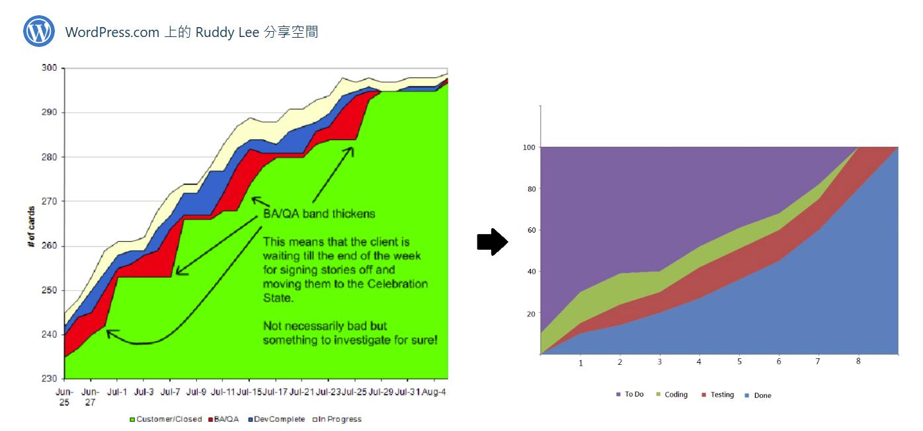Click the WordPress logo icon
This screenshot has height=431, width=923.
tap(39, 31)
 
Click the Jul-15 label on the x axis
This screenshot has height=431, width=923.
tap(249, 392)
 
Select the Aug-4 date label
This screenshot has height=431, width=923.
tap(434, 392)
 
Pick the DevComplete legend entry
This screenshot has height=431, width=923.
tap(277, 419)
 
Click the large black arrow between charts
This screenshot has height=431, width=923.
tap(491, 243)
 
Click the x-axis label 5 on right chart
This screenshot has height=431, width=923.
tap(739, 362)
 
